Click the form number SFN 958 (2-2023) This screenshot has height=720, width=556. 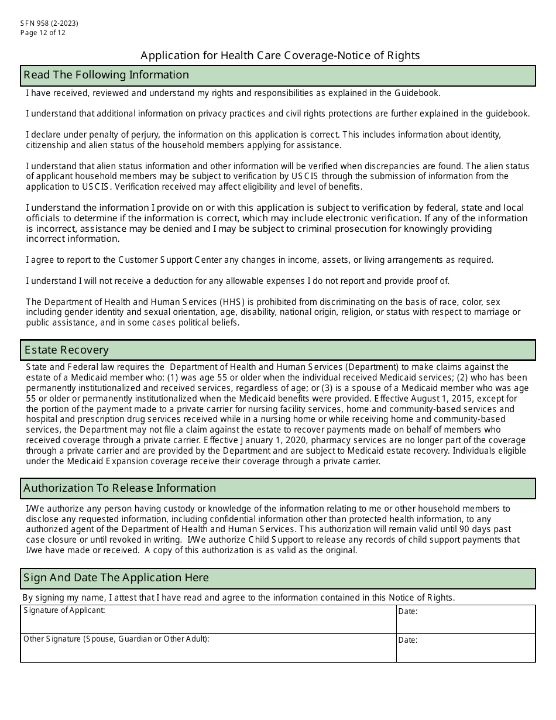[49, 23]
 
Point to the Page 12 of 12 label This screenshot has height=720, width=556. [43, 33]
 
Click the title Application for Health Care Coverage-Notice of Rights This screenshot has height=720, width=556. [280, 56]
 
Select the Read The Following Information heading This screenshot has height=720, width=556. [106, 75]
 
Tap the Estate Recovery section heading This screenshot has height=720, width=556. [67, 350]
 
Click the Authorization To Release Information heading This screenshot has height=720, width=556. [120, 488]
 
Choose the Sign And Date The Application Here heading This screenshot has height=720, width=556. [116, 578]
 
